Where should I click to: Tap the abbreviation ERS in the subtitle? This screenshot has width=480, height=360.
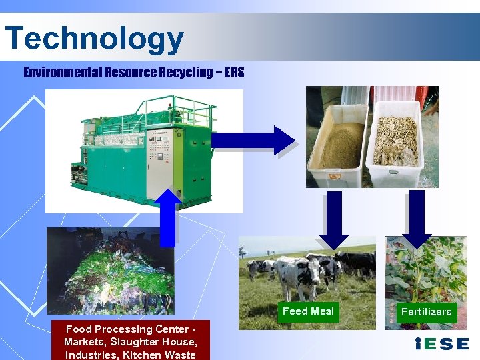coord(235,72)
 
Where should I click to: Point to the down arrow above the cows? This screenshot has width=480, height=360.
coord(337,217)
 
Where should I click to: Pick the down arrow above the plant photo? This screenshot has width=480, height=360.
coord(417,217)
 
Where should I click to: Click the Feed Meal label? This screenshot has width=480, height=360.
coord(308,311)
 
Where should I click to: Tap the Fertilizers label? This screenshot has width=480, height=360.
coord(426,312)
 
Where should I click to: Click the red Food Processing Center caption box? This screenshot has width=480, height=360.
coord(130,341)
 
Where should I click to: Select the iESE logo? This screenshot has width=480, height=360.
coord(441,344)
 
